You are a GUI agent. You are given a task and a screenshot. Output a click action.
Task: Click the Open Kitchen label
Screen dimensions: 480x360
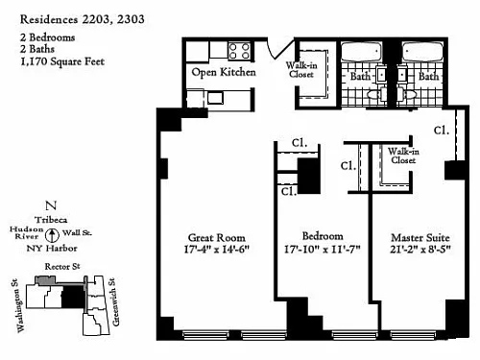tap(224, 72)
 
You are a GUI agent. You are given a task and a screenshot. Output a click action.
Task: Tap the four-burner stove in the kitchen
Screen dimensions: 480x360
tap(239, 51)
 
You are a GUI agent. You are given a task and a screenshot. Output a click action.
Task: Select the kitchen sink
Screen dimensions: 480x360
tap(215, 98)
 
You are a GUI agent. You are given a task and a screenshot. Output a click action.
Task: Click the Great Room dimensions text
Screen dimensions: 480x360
tap(216, 250)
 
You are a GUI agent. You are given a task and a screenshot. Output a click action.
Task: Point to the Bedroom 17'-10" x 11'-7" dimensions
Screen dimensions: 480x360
tap(323, 250)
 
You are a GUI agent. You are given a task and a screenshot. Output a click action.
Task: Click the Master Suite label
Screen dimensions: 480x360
tap(420, 237)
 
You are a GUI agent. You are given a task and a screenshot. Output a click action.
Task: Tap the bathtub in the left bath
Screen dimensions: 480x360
tap(361, 52)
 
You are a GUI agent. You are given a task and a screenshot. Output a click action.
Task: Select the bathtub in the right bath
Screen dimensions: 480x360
tap(422, 52)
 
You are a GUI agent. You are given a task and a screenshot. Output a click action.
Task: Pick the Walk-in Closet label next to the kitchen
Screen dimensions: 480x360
tap(301, 70)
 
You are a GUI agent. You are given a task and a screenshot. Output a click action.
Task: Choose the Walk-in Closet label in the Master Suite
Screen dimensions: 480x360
tap(403, 156)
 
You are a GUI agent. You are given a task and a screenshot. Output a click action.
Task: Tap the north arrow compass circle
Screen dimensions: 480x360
tap(52, 235)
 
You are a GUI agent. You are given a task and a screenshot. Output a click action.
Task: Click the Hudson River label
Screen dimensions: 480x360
tap(27, 233)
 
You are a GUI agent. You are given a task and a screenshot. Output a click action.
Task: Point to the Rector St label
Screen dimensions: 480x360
tap(62, 266)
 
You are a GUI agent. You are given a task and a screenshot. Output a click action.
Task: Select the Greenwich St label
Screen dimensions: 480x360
tap(114, 301)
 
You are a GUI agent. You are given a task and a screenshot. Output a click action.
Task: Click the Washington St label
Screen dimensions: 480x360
tap(21, 306)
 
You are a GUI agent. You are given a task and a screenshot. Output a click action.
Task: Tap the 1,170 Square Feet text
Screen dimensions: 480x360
tap(62, 61)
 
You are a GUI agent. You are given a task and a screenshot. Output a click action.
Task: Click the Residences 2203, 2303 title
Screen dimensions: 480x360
tap(83, 20)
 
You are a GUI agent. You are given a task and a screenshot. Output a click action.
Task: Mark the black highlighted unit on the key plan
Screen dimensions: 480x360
tap(73, 297)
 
